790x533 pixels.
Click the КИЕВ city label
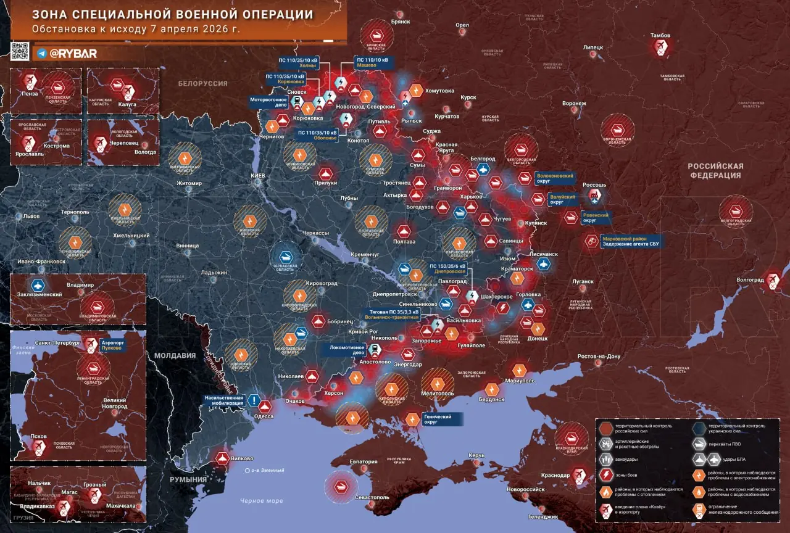pos(257,176)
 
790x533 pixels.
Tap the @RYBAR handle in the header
pos(73,54)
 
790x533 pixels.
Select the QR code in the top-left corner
pos(20,51)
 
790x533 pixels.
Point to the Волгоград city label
pos(749,280)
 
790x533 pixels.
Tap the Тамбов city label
pos(660,36)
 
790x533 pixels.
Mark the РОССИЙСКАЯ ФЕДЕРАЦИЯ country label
pos(715,171)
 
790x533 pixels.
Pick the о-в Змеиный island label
pos(267,471)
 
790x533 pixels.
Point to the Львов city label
pos(31,217)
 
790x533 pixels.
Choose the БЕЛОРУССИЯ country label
pos(203,83)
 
